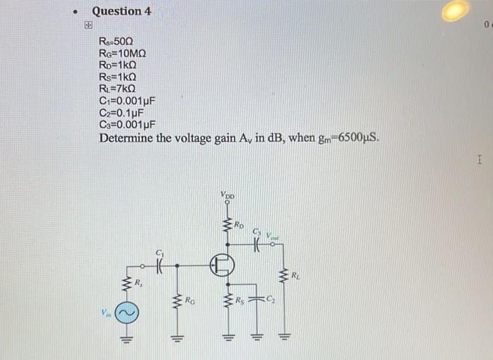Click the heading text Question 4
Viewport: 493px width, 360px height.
pos(121,11)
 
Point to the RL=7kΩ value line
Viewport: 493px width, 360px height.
pos(118,88)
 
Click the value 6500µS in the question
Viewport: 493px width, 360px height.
pos(357,137)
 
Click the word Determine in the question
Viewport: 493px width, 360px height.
pos(126,137)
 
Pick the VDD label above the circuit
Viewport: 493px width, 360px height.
pos(227,195)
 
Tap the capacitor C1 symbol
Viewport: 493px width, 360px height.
pos(158,266)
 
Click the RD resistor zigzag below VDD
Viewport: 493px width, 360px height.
pos(227,226)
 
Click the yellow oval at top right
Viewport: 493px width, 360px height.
pos(455,10)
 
